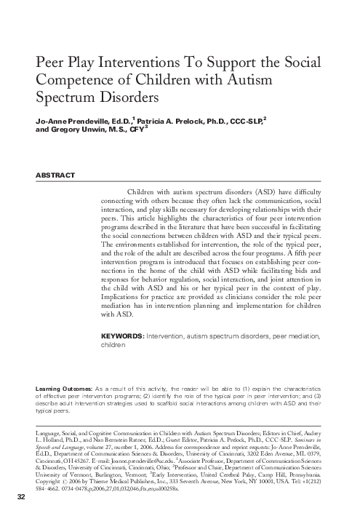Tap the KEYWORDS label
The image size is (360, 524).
click(x=122, y=337)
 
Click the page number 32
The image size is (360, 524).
click(x=21, y=516)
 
